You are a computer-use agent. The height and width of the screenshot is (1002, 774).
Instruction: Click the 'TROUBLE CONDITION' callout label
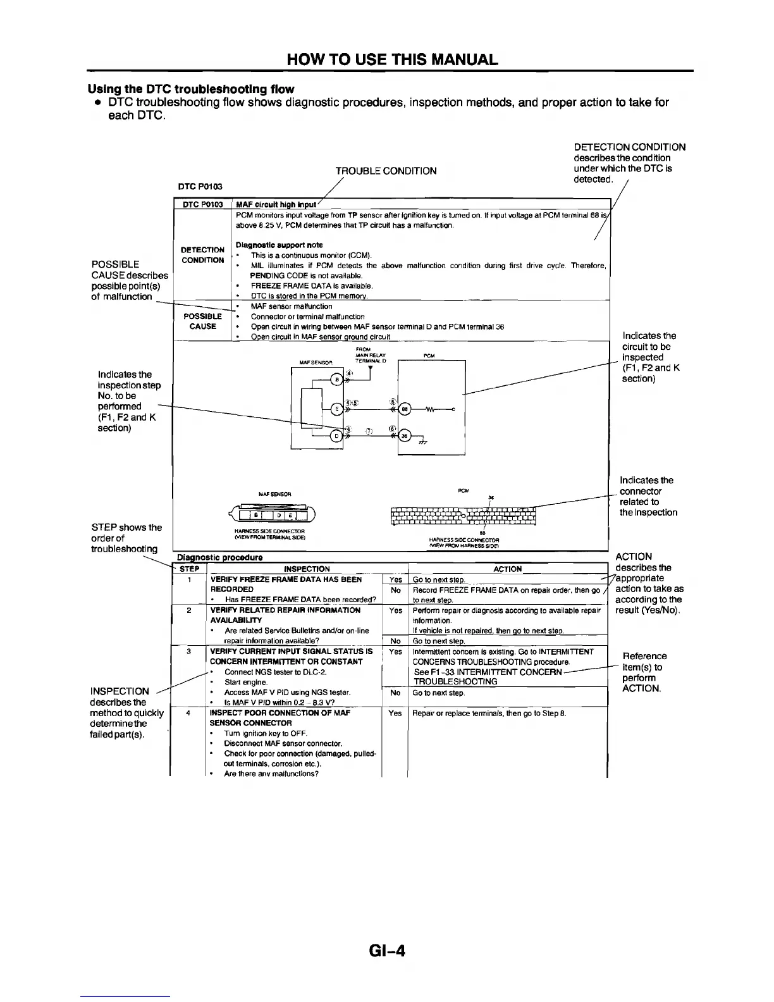(x=386, y=171)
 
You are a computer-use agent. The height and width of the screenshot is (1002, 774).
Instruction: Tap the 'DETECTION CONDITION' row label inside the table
(x=203, y=255)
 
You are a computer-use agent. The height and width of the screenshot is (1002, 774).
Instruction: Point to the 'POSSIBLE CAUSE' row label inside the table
(x=203, y=321)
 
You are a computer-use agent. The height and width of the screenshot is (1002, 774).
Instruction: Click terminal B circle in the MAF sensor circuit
(x=338, y=379)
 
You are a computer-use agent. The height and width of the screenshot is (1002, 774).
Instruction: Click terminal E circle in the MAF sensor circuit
(x=337, y=409)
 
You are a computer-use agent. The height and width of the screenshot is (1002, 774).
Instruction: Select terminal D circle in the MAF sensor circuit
(x=337, y=435)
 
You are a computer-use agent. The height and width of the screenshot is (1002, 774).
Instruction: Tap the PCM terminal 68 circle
(x=405, y=409)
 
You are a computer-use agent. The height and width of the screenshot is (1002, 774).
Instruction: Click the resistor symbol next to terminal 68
(x=432, y=409)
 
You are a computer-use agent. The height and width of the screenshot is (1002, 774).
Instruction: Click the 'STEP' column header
(x=190, y=569)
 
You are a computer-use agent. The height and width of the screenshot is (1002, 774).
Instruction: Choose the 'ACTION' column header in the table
(x=507, y=569)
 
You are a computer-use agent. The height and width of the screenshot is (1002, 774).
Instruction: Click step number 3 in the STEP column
(x=190, y=651)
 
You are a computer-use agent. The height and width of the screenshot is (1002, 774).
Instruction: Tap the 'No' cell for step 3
(x=396, y=693)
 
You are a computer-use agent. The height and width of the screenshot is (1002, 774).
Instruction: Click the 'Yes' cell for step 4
(x=396, y=713)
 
